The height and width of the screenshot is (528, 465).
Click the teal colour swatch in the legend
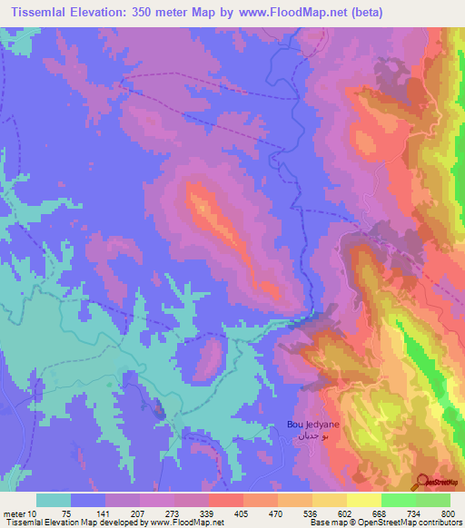[x=54, y=500]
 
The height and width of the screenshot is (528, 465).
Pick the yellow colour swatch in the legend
[x=364, y=500]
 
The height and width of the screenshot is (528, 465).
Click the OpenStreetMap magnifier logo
[x=423, y=484]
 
